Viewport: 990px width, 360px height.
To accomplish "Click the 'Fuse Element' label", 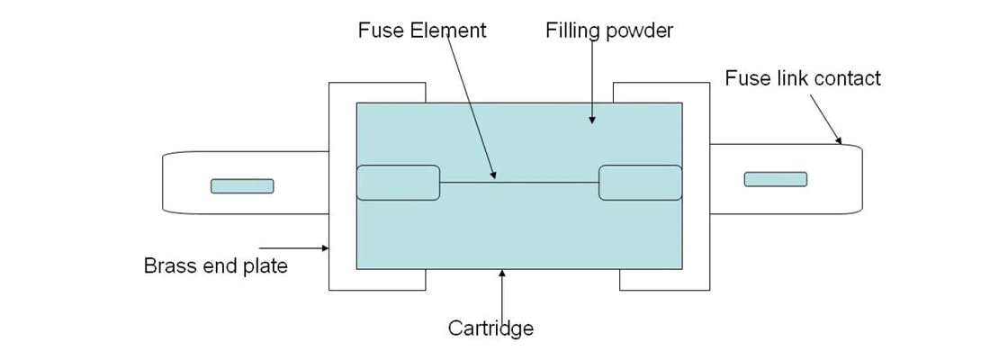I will (x=421, y=30).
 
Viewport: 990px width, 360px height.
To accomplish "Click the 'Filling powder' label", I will (x=608, y=30).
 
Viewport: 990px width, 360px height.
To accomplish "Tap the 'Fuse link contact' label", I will (x=803, y=78).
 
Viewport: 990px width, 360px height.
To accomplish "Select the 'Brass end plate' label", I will (x=216, y=266).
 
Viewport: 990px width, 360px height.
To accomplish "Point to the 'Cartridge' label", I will (x=490, y=328).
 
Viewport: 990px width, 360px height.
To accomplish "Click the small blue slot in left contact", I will (x=242, y=186).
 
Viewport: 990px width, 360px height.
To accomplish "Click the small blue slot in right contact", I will (x=775, y=179).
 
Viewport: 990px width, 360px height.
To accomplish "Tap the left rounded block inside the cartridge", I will (x=398, y=183).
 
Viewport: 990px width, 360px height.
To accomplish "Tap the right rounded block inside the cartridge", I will (x=640, y=183).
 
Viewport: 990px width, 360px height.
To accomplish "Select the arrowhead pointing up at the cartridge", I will (x=500, y=273).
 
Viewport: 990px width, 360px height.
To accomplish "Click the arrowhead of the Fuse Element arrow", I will (x=492, y=175).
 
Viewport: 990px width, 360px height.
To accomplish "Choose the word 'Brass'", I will (x=169, y=266).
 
